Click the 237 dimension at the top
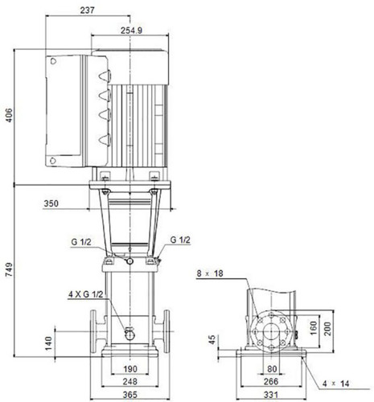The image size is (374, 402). pyautogui.click(x=88, y=10)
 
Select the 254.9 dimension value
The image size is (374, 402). pyautogui.click(x=131, y=31)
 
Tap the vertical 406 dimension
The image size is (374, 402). pyautogui.click(x=9, y=115)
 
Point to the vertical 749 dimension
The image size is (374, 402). pyautogui.click(x=9, y=270)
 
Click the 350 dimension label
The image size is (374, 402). pyautogui.click(x=51, y=203)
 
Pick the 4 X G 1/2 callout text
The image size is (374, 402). pyautogui.click(x=86, y=294)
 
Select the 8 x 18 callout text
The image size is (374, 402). pyautogui.click(x=210, y=273)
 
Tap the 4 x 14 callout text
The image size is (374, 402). pyautogui.click(x=336, y=384)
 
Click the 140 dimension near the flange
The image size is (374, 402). pyautogui.click(x=48, y=343)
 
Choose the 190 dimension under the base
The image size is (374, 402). pyautogui.click(x=130, y=369)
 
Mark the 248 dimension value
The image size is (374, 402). pyautogui.click(x=130, y=381)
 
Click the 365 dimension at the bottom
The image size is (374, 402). pyautogui.click(x=130, y=395)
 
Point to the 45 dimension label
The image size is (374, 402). pyautogui.click(x=212, y=340)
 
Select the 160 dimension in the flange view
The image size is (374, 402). pyautogui.click(x=313, y=328)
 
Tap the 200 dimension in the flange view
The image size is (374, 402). pyautogui.click(x=327, y=329)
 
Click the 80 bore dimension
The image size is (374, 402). pyautogui.click(x=272, y=369)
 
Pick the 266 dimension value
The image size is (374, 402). pyautogui.click(x=271, y=381)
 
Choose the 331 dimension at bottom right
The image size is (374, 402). pyautogui.click(x=271, y=395)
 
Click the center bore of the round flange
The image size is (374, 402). pyautogui.click(x=271, y=332)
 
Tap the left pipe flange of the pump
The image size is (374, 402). pyautogui.click(x=93, y=331)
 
